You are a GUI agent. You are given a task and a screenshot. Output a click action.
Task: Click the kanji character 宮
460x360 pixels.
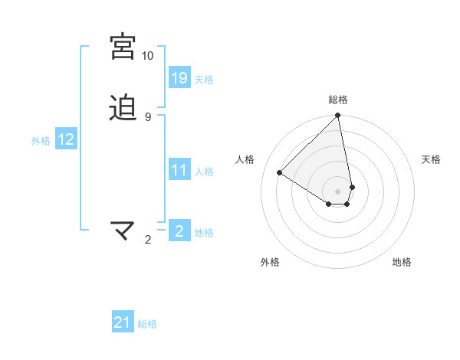tap(123, 47)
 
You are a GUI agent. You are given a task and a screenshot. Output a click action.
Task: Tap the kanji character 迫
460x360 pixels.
tap(123, 107)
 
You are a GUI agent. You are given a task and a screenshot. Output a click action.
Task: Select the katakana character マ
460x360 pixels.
tap(123, 230)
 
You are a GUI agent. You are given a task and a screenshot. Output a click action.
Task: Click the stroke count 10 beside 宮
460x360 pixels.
tap(147, 56)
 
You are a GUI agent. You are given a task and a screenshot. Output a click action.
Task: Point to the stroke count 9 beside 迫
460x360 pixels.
tap(147, 116)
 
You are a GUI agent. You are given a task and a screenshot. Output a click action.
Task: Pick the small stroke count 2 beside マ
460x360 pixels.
tap(148, 240)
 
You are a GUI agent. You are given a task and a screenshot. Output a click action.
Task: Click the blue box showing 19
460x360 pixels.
tap(179, 77)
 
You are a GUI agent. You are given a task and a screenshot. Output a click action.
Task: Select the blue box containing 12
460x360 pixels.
tap(66, 139)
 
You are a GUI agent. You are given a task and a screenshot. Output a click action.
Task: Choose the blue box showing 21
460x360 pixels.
tap(123, 322)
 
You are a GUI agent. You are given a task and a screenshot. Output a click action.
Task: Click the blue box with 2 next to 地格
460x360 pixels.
tap(179, 231)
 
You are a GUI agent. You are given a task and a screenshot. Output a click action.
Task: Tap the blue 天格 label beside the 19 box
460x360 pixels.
tap(204, 79)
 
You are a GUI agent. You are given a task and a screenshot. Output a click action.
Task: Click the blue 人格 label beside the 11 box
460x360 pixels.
tap(204, 171)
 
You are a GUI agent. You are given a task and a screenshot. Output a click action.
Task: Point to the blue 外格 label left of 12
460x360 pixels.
tap(41, 140)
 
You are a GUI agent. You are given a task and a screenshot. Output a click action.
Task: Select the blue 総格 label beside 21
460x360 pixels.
tap(147, 324)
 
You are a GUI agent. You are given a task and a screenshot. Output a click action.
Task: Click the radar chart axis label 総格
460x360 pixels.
tap(338, 100)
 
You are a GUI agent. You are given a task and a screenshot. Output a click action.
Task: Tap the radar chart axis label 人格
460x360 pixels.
tap(245, 159)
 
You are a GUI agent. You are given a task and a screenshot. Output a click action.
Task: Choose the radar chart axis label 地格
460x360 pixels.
tap(402, 262)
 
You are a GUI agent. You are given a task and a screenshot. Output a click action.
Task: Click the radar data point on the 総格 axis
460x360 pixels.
tap(338, 116)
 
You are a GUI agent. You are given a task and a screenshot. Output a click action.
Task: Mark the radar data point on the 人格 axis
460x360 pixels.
tap(280, 173)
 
